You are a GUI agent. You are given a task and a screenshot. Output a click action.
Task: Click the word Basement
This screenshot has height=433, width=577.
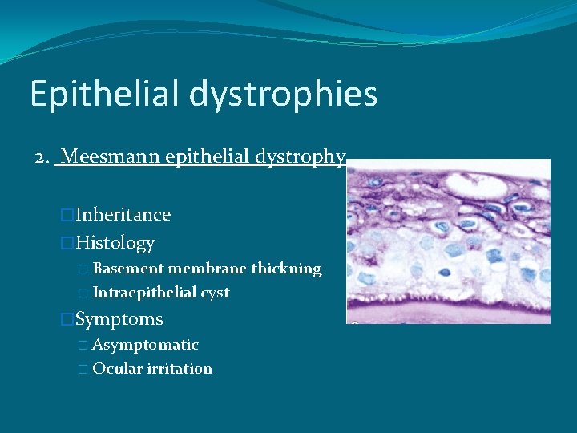[128, 269]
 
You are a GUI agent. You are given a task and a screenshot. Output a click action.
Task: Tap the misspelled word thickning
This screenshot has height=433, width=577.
[287, 269]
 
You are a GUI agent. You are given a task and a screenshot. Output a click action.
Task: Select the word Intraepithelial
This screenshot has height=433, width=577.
[143, 293]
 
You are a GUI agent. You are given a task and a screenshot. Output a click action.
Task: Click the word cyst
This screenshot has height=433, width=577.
[214, 293]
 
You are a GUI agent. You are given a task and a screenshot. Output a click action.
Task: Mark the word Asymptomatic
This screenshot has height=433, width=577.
[145, 345]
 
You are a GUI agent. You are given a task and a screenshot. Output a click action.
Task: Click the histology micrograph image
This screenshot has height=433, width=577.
[448, 241]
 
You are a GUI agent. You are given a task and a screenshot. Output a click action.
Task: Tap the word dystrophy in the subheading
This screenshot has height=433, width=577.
[305, 156]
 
